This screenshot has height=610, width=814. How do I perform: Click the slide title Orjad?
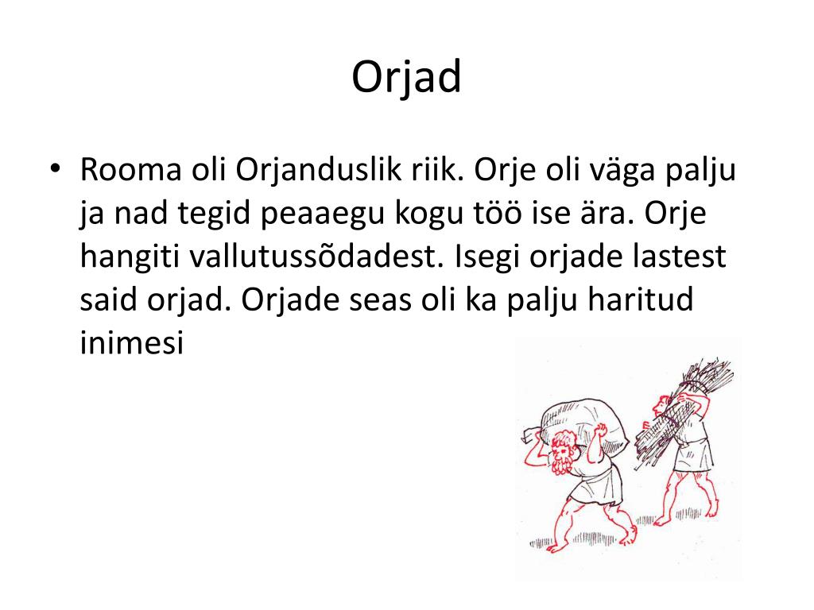click(x=406, y=77)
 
